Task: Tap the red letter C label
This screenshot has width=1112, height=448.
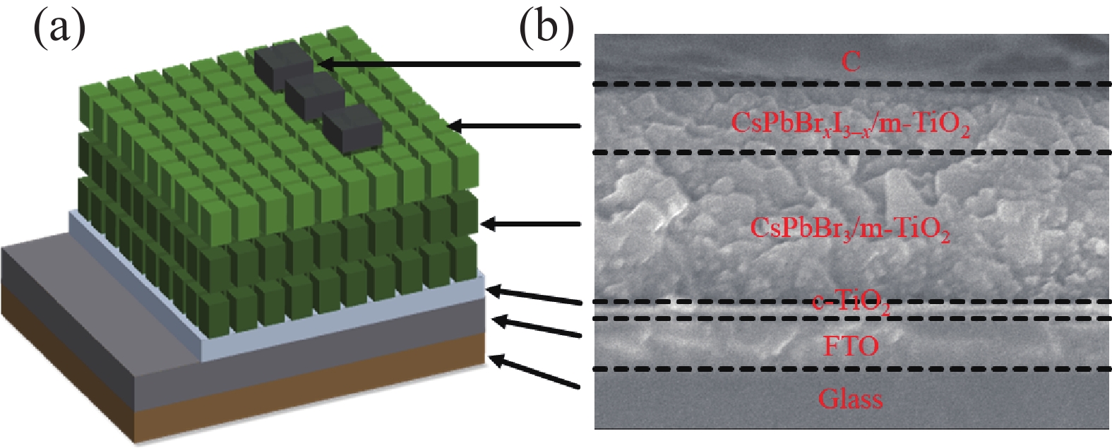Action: click(851, 62)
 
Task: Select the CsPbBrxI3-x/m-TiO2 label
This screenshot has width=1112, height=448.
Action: click(850, 124)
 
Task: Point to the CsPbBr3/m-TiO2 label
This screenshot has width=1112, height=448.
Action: click(850, 229)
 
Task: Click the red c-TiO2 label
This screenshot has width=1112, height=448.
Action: click(850, 304)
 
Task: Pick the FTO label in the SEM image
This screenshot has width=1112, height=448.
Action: click(851, 346)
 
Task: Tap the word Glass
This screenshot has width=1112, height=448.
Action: click(850, 399)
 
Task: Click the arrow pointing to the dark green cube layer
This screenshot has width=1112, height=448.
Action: click(530, 224)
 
